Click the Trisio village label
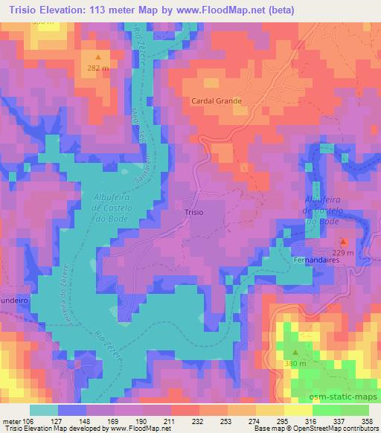click(x=193, y=212)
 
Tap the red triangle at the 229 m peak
click(x=343, y=242)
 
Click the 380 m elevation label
click(x=295, y=364)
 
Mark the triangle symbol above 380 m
click(x=295, y=353)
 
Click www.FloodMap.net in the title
click(x=222, y=10)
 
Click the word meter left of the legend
click(x=13, y=420)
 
